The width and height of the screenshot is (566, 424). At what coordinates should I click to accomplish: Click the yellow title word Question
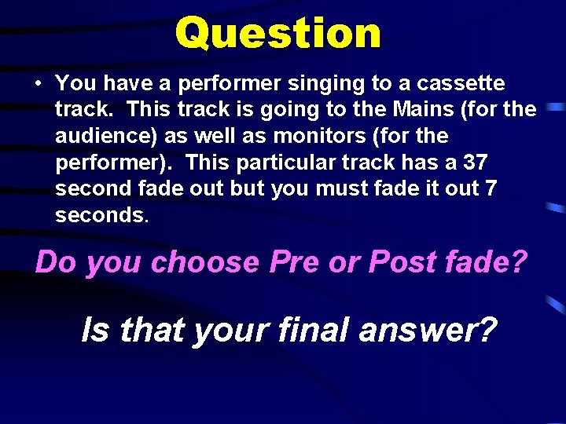click(x=278, y=33)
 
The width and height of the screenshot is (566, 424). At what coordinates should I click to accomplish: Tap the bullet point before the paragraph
click(x=38, y=83)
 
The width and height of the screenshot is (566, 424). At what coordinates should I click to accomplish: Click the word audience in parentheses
click(x=105, y=136)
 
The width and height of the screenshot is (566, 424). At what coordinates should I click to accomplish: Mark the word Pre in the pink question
click(x=294, y=261)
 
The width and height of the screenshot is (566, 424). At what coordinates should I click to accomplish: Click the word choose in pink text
click(x=204, y=261)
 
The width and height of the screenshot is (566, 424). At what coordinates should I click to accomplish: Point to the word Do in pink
click(x=55, y=261)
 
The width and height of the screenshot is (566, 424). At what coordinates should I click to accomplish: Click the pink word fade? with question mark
click(x=484, y=261)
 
